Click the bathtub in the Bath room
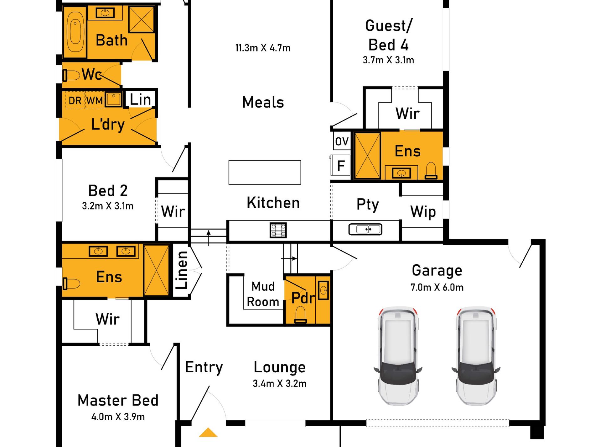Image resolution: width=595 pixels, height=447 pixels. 75,32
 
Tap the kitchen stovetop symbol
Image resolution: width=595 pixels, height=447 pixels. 278,230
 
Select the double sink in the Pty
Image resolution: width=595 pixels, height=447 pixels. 365,229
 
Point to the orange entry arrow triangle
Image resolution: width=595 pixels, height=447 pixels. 208,433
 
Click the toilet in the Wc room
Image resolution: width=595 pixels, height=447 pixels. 71,75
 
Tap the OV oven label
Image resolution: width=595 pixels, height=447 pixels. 342,141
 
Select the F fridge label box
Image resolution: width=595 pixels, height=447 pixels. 341,165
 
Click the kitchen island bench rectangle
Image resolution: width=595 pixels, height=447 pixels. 265,172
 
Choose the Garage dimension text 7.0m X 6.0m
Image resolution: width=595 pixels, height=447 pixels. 437,287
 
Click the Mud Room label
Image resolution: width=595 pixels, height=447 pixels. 263,294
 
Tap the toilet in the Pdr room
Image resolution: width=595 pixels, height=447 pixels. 300,315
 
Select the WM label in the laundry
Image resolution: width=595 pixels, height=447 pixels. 94,101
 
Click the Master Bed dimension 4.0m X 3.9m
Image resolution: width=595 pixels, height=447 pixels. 118,417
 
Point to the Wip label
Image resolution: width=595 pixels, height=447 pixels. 423,212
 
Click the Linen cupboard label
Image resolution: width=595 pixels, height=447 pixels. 182,270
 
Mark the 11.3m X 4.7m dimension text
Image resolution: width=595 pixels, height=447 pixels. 263,48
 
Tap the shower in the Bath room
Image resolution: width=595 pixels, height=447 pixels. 142,19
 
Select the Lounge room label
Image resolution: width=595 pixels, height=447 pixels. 280,367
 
